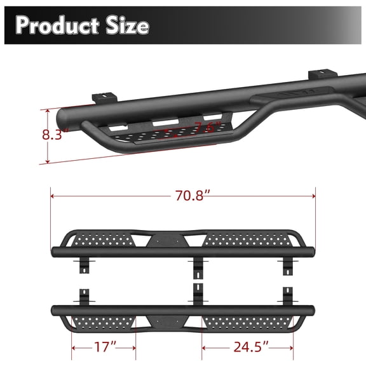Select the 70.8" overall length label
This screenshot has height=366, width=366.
coord(182,196)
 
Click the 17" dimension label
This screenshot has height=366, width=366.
coord(104,348)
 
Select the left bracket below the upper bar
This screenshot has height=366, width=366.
coord(83,266)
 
